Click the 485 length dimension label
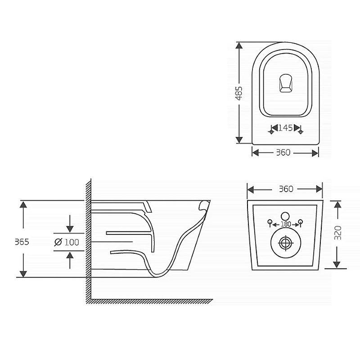[x=239, y=93]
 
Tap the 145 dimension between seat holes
[x=285, y=128]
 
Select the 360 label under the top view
[x=283, y=153]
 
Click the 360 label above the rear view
[x=286, y=189]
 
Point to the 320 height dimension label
[x=338, y=233]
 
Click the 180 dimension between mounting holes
[x=286, y=224]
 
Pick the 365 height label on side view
[x=22, y=242]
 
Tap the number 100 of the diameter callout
[x=72, y=242]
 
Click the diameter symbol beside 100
[x=58, y=242]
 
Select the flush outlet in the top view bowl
[x=286, y=83]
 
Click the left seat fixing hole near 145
[x=271, y=132]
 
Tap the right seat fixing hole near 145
[x=301, y=132]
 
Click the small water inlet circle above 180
[x=286, y=216]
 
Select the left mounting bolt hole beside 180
[x=270, y=222]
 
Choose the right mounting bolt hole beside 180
[x=301, y=222]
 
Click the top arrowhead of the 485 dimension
[x=239, y=45]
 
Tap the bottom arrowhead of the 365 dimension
[x=23, y=274]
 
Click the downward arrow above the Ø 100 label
[x=70, y=224]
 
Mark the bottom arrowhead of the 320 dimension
[x=337, y=265]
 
